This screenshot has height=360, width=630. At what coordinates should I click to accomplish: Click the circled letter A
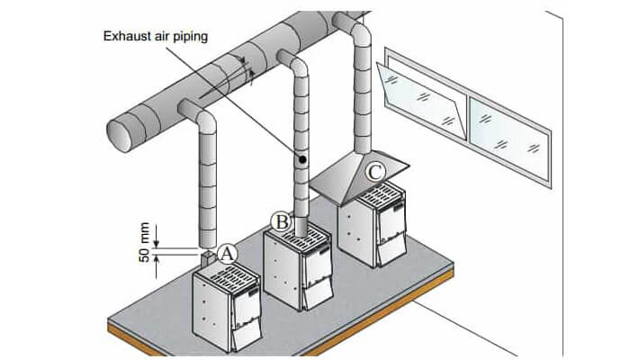tap(228, 255)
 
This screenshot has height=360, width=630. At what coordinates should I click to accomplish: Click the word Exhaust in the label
tap(127, 37)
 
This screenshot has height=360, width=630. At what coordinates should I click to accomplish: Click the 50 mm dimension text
tap(140, 243)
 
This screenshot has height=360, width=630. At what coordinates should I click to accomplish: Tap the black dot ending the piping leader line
tap(302, 159)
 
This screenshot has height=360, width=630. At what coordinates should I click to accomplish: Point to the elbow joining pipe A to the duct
tap(200, 114)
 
